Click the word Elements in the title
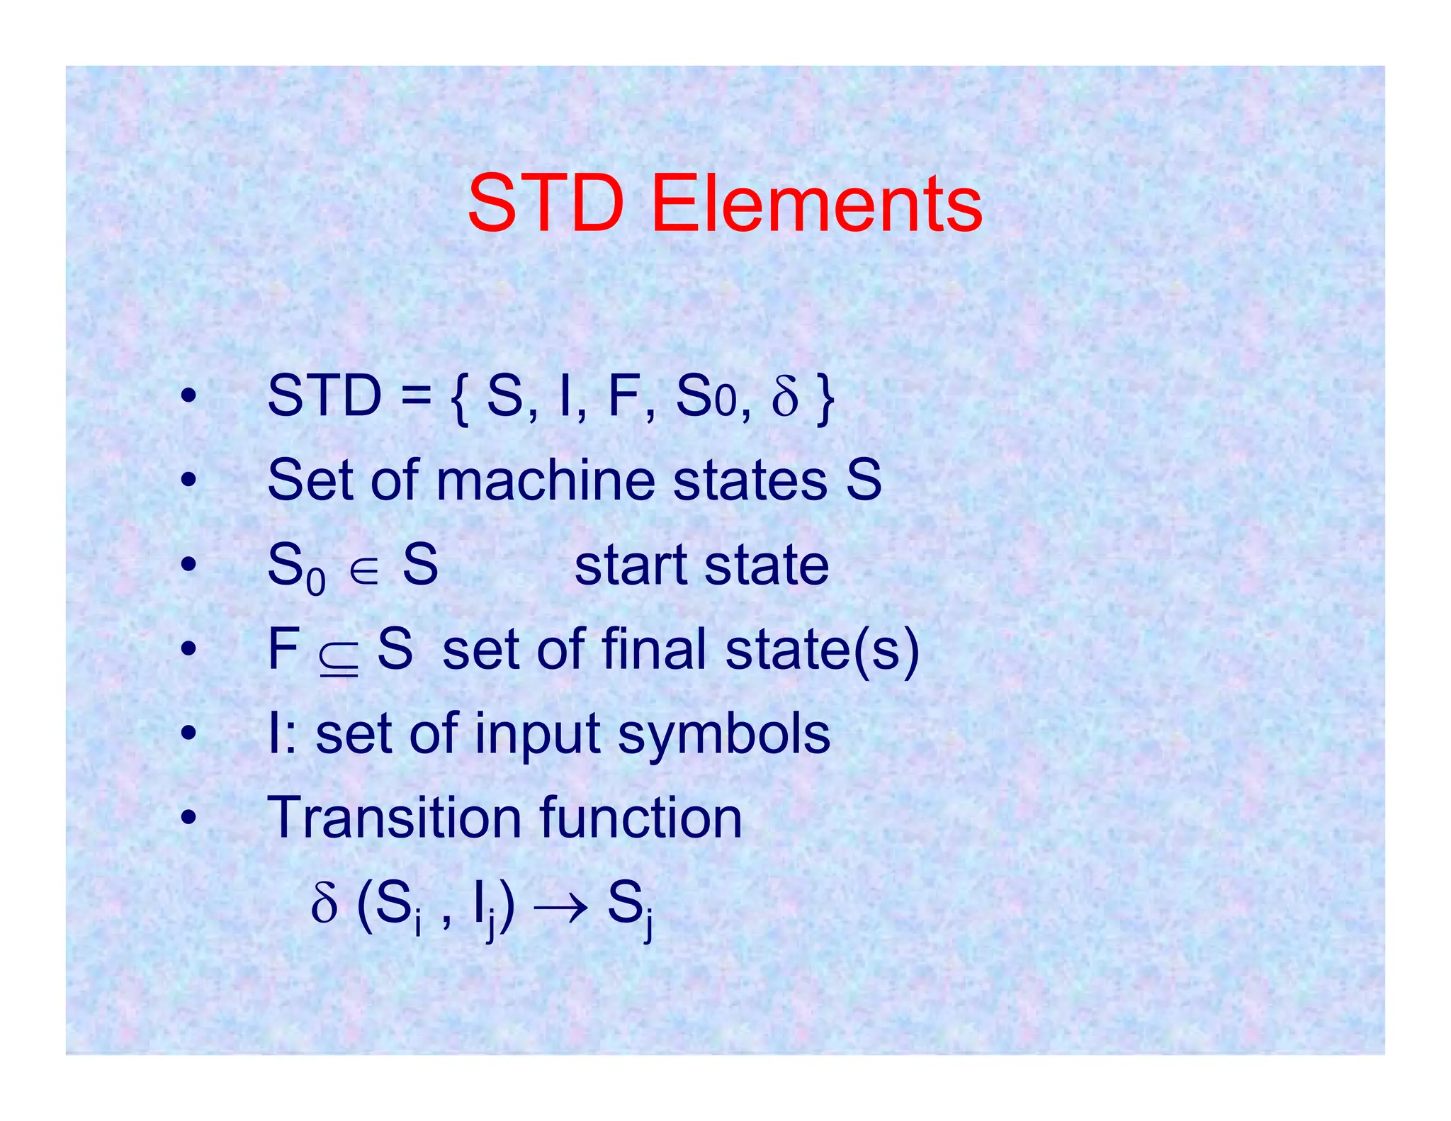816,205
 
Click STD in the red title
546,205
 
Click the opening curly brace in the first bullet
459,398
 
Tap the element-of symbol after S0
364,567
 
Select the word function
640,818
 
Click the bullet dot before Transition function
188,818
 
